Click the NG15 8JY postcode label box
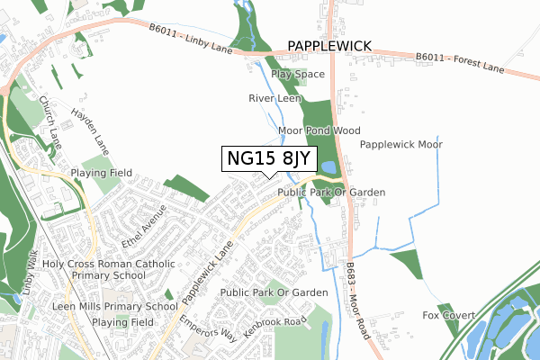[269, 159]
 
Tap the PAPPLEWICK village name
[329, 44]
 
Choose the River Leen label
[274, 98]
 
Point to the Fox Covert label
[447, 315]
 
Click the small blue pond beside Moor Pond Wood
[328, 167]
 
